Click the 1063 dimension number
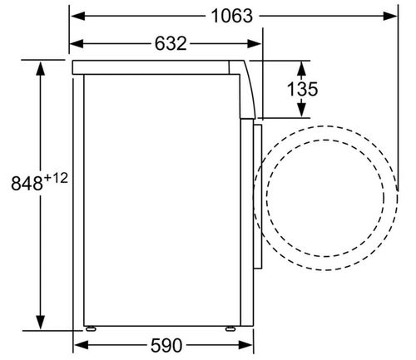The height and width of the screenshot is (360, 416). coord(232,16)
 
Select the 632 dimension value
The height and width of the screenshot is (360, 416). coord(171,43)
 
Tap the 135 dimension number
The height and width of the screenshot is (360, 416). coord(302,89)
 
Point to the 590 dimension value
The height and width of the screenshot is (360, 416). coord(166,345)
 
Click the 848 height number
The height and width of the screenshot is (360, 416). coord(27,183)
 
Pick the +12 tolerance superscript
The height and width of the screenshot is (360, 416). coord(56,178)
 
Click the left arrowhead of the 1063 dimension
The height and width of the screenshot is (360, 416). coord(77,16)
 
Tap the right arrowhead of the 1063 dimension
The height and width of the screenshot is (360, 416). coord(390,16)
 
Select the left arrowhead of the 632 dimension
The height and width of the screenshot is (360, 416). coord(77,43)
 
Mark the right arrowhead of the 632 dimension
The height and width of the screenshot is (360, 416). coord(254,43)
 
